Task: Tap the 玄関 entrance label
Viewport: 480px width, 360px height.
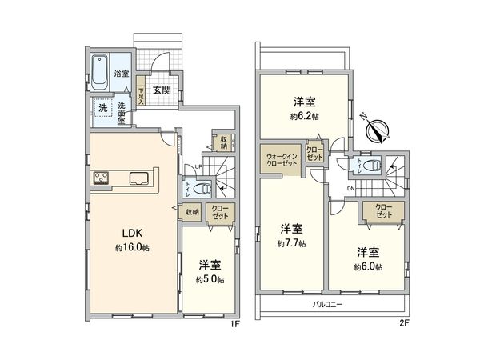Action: click(x=161, y=90)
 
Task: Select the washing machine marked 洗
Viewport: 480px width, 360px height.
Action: click(x=102, y=108)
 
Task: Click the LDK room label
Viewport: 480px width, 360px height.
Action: click(x=132, y=234)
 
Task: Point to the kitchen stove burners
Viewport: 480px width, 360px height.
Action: click(x=102, y=178)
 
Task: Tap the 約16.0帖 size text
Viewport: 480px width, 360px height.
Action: click(x=132, y=247)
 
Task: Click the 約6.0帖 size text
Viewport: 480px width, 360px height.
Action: click(x=370, y=266)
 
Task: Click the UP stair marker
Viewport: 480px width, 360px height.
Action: click(x=198, y=166)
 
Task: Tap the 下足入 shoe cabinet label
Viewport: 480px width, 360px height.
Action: click(x=139, y=95)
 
